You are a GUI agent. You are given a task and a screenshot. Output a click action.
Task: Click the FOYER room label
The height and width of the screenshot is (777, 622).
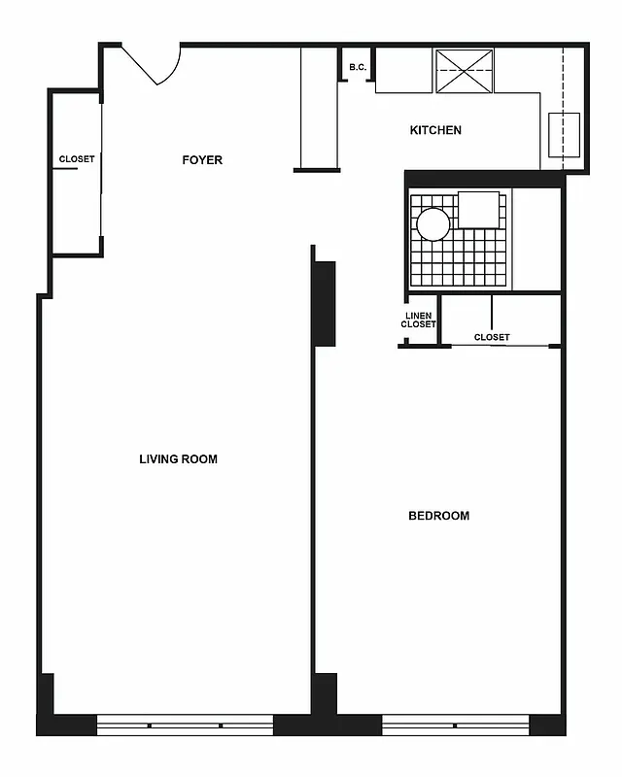(x=202, y=160)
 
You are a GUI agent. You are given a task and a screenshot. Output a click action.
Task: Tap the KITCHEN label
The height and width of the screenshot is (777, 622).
(x=435, y=130)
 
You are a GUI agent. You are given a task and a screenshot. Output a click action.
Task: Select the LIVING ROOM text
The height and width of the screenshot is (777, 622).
(x=178, y=459)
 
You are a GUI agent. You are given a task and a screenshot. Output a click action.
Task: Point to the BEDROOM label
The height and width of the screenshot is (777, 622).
(x=438, y=516)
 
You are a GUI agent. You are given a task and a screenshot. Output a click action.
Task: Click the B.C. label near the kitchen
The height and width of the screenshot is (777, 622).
(x=358, y=68)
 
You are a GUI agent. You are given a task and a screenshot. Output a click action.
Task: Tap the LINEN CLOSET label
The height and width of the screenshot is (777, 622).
(x=419, y=320)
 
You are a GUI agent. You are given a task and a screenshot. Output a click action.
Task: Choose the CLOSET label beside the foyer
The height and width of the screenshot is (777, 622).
(x=77, y=159)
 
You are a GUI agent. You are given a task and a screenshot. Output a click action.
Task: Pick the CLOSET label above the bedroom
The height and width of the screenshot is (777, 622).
(x=492, y=337)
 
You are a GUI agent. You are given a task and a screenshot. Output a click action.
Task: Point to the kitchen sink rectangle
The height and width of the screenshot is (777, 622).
(x=564, y=135)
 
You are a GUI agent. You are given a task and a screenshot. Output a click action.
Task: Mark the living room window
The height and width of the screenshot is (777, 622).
(x=185, y=725)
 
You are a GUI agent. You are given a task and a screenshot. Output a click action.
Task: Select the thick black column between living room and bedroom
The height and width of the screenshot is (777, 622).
(x=324, y=303)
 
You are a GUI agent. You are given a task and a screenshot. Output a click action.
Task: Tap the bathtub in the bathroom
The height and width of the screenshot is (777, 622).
(x=536, y=239)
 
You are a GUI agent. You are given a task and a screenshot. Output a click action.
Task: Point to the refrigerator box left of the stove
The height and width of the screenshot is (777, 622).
(x=403, y=70)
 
